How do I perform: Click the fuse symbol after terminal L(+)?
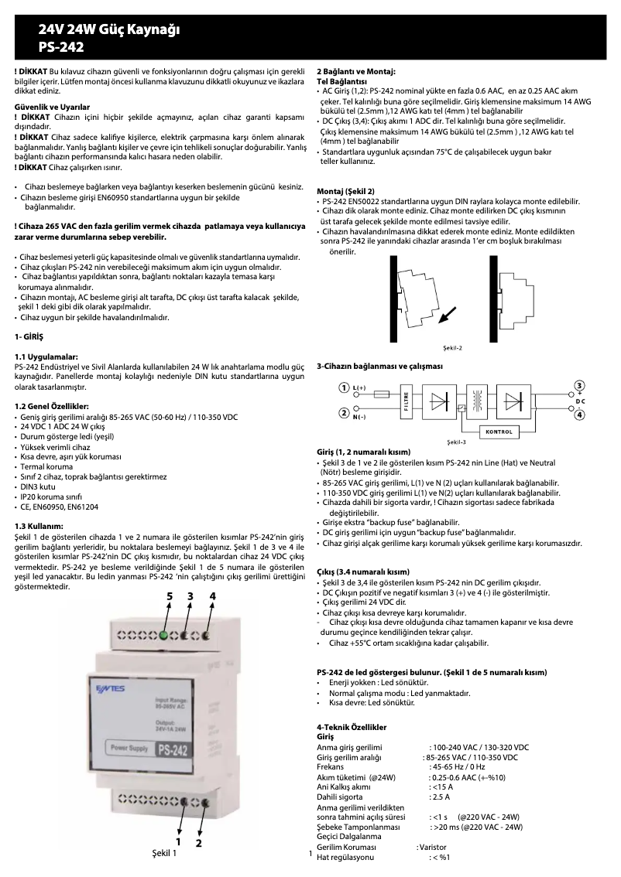381,393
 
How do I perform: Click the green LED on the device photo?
163,636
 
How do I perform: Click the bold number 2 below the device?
199,843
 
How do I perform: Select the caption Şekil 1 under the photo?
163,854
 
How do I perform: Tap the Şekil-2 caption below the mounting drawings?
452,347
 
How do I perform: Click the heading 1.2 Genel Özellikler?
52,406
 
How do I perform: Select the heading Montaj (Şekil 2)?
346,190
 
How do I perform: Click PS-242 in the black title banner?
61,46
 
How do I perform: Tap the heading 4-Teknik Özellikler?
352,728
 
